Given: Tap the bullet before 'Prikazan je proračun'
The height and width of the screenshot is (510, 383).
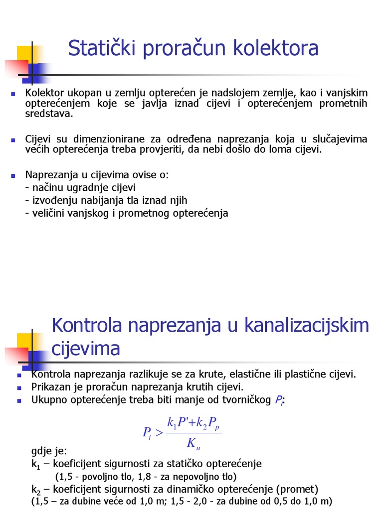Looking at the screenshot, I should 19,387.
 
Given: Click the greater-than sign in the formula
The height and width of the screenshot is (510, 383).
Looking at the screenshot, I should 159,433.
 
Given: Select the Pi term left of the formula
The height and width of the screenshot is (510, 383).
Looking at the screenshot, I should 147,433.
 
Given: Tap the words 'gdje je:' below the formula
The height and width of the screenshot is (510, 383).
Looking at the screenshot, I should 48,452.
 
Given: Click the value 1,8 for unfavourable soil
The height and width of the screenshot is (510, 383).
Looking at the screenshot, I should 132,477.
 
